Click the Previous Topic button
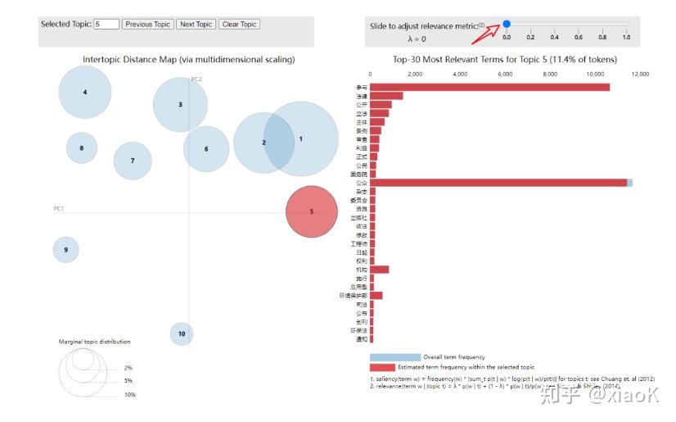[147, 25]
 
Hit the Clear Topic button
[240, 25]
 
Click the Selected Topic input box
[106, 25]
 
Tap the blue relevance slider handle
[507, 24]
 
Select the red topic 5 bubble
[311, 211]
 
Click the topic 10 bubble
[182, 334]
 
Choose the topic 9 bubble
[65, 249]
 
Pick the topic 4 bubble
[85, 92]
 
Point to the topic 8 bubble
[81, 148]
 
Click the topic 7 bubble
[133, 161]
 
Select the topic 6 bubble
[206, 149]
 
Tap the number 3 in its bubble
[180, 105]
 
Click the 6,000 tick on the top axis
[505, 74]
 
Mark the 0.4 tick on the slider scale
[554, 37]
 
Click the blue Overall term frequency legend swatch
[394, 357]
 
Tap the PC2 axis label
[196, 79]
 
